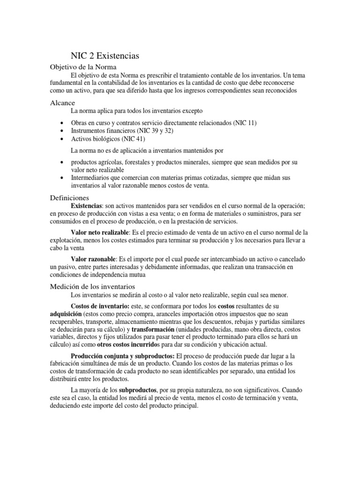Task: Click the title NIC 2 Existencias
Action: tap(105, 56)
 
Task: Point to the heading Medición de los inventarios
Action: tap(92, 286)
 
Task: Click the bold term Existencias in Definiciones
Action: tap(86, 206)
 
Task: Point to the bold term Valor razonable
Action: tap(93, 259)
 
